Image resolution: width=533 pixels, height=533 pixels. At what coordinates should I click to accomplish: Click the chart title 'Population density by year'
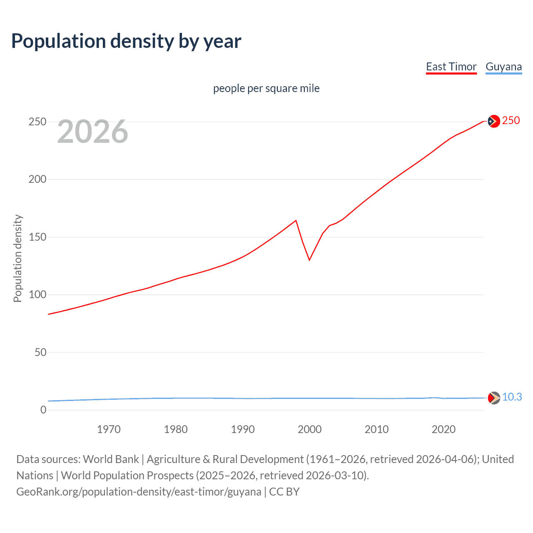click(x=126, y=41)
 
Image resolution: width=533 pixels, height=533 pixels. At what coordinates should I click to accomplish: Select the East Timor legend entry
click(x=451, y=67)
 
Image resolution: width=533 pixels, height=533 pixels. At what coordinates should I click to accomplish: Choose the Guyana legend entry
click(x=503, y=67)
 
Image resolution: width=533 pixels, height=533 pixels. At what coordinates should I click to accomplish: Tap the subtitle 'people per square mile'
click(x=266, y=88)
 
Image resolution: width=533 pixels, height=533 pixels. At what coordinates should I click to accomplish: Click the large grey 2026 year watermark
click(x=92, y=132)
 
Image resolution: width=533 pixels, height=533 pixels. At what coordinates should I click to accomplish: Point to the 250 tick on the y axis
click(x=37, y=122)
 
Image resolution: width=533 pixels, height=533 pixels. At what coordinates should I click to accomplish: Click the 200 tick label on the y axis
click(x=37, y=179)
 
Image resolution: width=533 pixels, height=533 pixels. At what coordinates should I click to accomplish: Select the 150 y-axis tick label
click(x=37, y=237)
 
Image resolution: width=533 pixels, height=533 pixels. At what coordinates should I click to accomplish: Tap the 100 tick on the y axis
click(x=37, y=295)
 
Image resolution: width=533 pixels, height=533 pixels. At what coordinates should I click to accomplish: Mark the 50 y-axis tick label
click(x=40, y=352)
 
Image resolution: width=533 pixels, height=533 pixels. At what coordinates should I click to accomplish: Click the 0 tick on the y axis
click(x=43, y=410)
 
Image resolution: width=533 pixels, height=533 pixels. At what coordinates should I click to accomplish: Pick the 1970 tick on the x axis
click(x=109, y=429)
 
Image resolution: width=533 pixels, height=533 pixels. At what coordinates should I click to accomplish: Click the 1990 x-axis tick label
click(x=243, y=429)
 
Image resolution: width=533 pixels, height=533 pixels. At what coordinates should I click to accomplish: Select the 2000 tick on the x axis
click(x=309, y=429)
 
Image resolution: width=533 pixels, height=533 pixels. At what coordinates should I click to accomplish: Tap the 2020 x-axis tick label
click(x=443, y=429)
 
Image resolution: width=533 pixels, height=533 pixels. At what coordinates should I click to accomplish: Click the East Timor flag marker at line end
click(x=493, y=121)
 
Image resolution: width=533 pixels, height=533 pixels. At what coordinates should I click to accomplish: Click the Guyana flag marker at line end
click(x=493, y=398)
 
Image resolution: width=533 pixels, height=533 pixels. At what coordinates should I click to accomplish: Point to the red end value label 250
click(x=511, y=121)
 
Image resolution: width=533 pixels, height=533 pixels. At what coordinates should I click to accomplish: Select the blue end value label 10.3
click(x=512, y=397)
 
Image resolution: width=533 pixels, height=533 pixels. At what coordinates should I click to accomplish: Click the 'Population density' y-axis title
click(x=17, y=258)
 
